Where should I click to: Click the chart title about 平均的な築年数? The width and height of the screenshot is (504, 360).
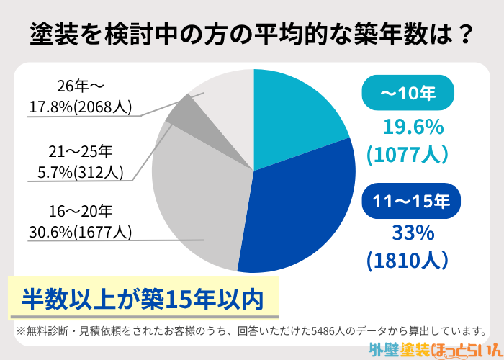252,33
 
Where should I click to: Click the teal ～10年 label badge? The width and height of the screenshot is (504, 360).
409,94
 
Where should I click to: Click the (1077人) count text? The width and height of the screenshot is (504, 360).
408,153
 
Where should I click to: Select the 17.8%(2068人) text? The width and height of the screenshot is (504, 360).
80,107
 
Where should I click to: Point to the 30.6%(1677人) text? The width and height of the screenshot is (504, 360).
80,232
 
